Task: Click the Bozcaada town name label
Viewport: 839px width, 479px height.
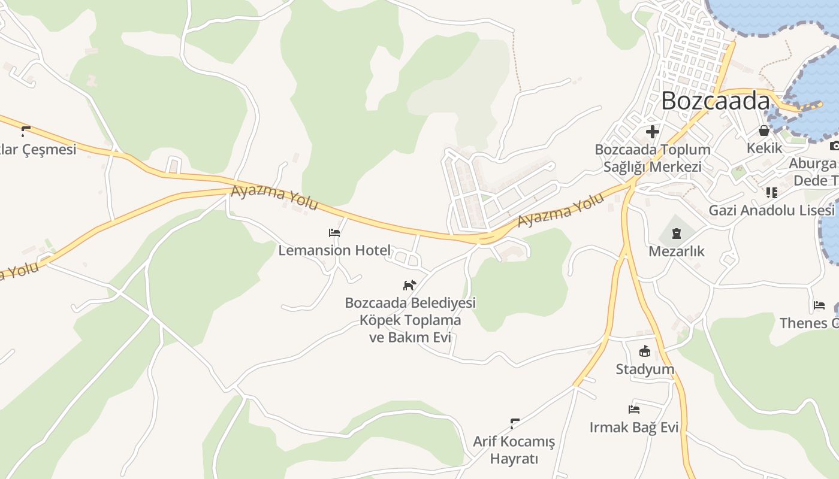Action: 715,101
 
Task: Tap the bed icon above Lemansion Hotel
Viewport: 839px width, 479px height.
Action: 334,233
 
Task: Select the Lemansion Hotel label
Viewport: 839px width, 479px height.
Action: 334,250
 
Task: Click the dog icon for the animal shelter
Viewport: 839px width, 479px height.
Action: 409,285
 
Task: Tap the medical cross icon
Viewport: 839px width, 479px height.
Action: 653,132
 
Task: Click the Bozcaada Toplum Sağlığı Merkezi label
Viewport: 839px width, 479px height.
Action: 653,158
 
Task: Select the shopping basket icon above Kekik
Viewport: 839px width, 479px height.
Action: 764,130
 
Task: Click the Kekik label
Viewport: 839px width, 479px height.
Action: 764,147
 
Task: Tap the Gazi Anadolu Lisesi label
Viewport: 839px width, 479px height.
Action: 771,210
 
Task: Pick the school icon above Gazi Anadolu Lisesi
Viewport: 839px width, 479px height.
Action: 771,193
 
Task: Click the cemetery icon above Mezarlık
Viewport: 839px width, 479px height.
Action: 677,233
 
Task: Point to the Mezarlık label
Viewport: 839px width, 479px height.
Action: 677,251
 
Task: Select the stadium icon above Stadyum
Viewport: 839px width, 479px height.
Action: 645,351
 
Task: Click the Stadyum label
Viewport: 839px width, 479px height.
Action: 645,369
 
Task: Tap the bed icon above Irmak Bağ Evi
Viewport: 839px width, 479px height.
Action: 634,410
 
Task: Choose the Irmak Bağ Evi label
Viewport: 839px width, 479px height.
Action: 634,428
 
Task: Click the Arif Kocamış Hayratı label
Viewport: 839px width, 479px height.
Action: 514,450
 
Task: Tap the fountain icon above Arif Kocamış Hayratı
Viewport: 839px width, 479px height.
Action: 514,423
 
